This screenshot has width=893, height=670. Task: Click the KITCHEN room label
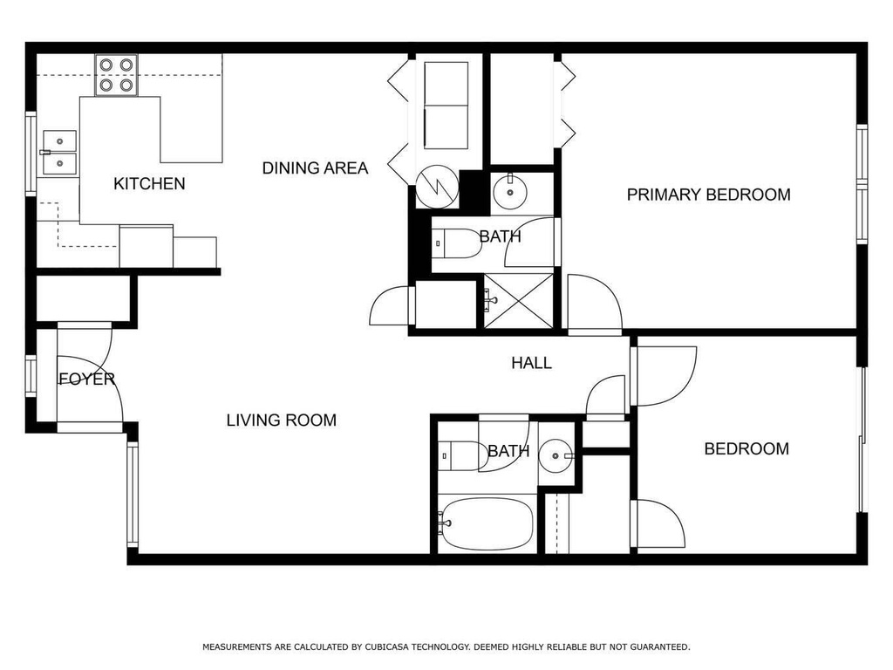tap(149, 183)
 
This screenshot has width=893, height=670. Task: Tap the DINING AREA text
tap(315, 167)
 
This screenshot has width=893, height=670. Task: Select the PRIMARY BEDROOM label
tap(708, 195)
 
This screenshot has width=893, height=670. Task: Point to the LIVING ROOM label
tap(281, 420)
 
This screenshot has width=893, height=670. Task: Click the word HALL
tap(531, 363)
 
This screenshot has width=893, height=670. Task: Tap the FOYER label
tap(86, 379)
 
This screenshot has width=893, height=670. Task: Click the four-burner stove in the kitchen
tap(117, 74)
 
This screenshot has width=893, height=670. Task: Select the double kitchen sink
tap(58, 151)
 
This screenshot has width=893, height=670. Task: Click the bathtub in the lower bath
tap(485, 523)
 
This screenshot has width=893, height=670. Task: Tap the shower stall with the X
tap(519, 301)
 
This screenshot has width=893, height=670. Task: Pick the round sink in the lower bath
tap(555, 455)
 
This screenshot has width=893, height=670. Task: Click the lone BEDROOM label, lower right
tap(746, 448)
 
